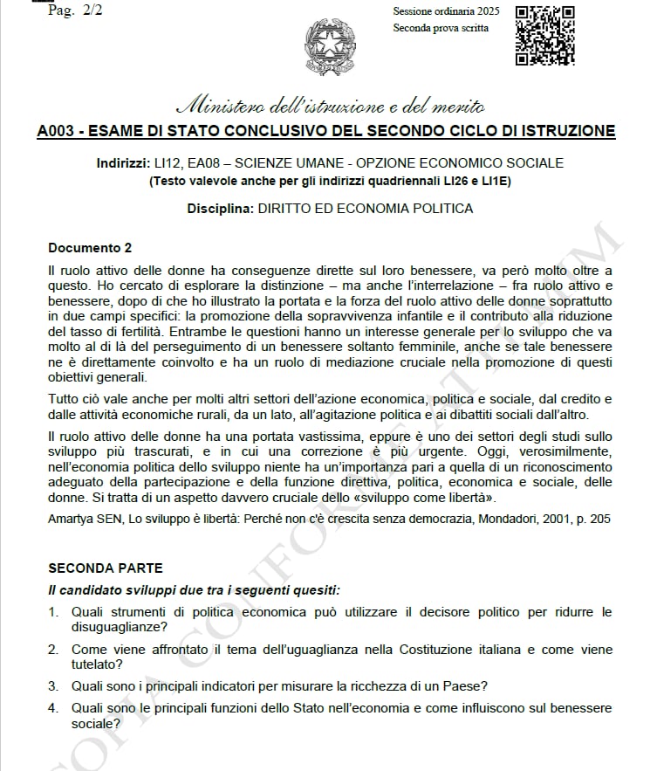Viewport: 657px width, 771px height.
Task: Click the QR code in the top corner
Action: [544, 35]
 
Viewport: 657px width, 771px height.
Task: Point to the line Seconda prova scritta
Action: [441, 28]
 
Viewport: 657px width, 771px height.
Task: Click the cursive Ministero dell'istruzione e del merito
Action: [330, 107]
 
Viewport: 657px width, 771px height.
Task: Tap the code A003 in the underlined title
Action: [58, 132]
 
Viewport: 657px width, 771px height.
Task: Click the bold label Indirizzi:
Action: [123, 163]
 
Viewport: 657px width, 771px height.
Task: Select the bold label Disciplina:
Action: [219, 209]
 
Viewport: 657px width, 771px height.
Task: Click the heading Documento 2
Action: [90, 248]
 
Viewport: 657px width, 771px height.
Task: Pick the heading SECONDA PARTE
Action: [105, 568]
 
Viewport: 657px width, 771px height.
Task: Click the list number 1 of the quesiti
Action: [52, 612]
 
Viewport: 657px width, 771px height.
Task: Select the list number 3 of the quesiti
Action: [52, 685]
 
